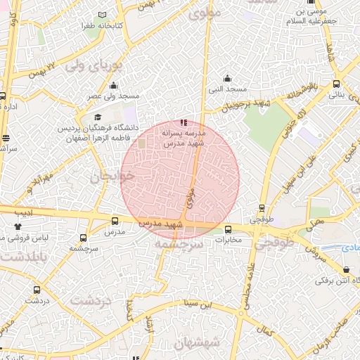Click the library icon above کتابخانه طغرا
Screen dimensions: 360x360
[103, 15]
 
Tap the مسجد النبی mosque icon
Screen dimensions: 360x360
[226, 79]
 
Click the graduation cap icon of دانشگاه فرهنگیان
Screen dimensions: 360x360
[98, 117]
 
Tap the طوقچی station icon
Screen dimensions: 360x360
[262, 208]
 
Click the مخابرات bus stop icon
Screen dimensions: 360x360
[228, 229]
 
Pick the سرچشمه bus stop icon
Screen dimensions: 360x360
[84, 238]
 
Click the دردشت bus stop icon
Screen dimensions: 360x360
[37, 289]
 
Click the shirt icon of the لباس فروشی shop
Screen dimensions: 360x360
[18, 226]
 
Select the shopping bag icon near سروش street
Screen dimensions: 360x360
[345, 270]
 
